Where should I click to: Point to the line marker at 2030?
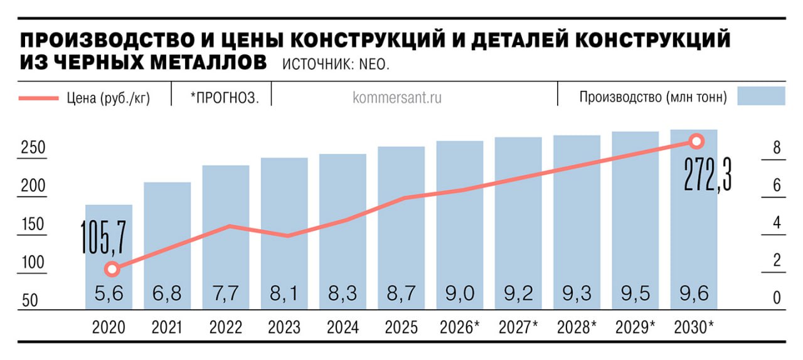(x=695, y=141)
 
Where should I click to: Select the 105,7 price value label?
(x=104, y=236)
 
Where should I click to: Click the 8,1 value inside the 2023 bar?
(x=284, y=294)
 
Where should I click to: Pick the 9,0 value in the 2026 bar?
(x=460, y=294)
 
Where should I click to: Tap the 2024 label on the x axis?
(x=343, y=327)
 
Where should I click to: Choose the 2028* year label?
(x=577, y=327)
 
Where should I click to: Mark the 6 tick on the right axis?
(x=776, y=186)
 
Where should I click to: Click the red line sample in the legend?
(x=38, y=98)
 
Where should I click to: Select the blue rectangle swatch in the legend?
(x=761, y=96)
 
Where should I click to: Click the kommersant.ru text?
(x=397, y=98)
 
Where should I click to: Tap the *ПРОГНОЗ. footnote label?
(x=225, y=98)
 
